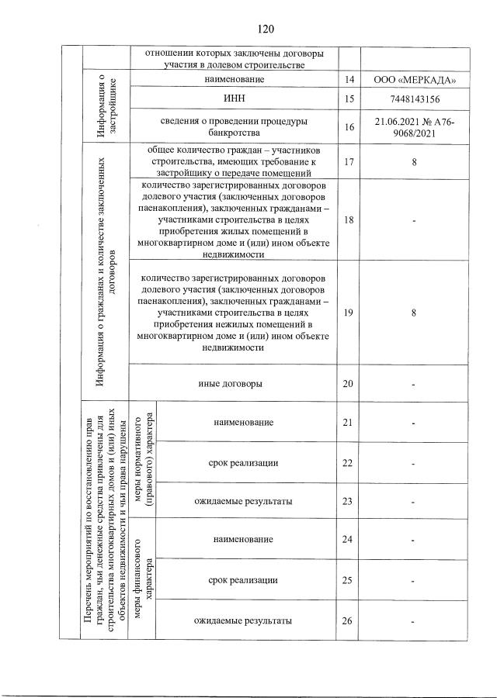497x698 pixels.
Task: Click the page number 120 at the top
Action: tap(265, 29)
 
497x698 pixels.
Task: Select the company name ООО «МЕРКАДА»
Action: tap(415, 80)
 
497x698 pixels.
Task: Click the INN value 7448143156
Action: tap(415, 99)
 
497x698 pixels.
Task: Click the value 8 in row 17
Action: tap(415, 161)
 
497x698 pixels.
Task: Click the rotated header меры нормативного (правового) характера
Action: tap(142, 461)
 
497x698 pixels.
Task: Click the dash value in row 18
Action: tap(415, 221)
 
